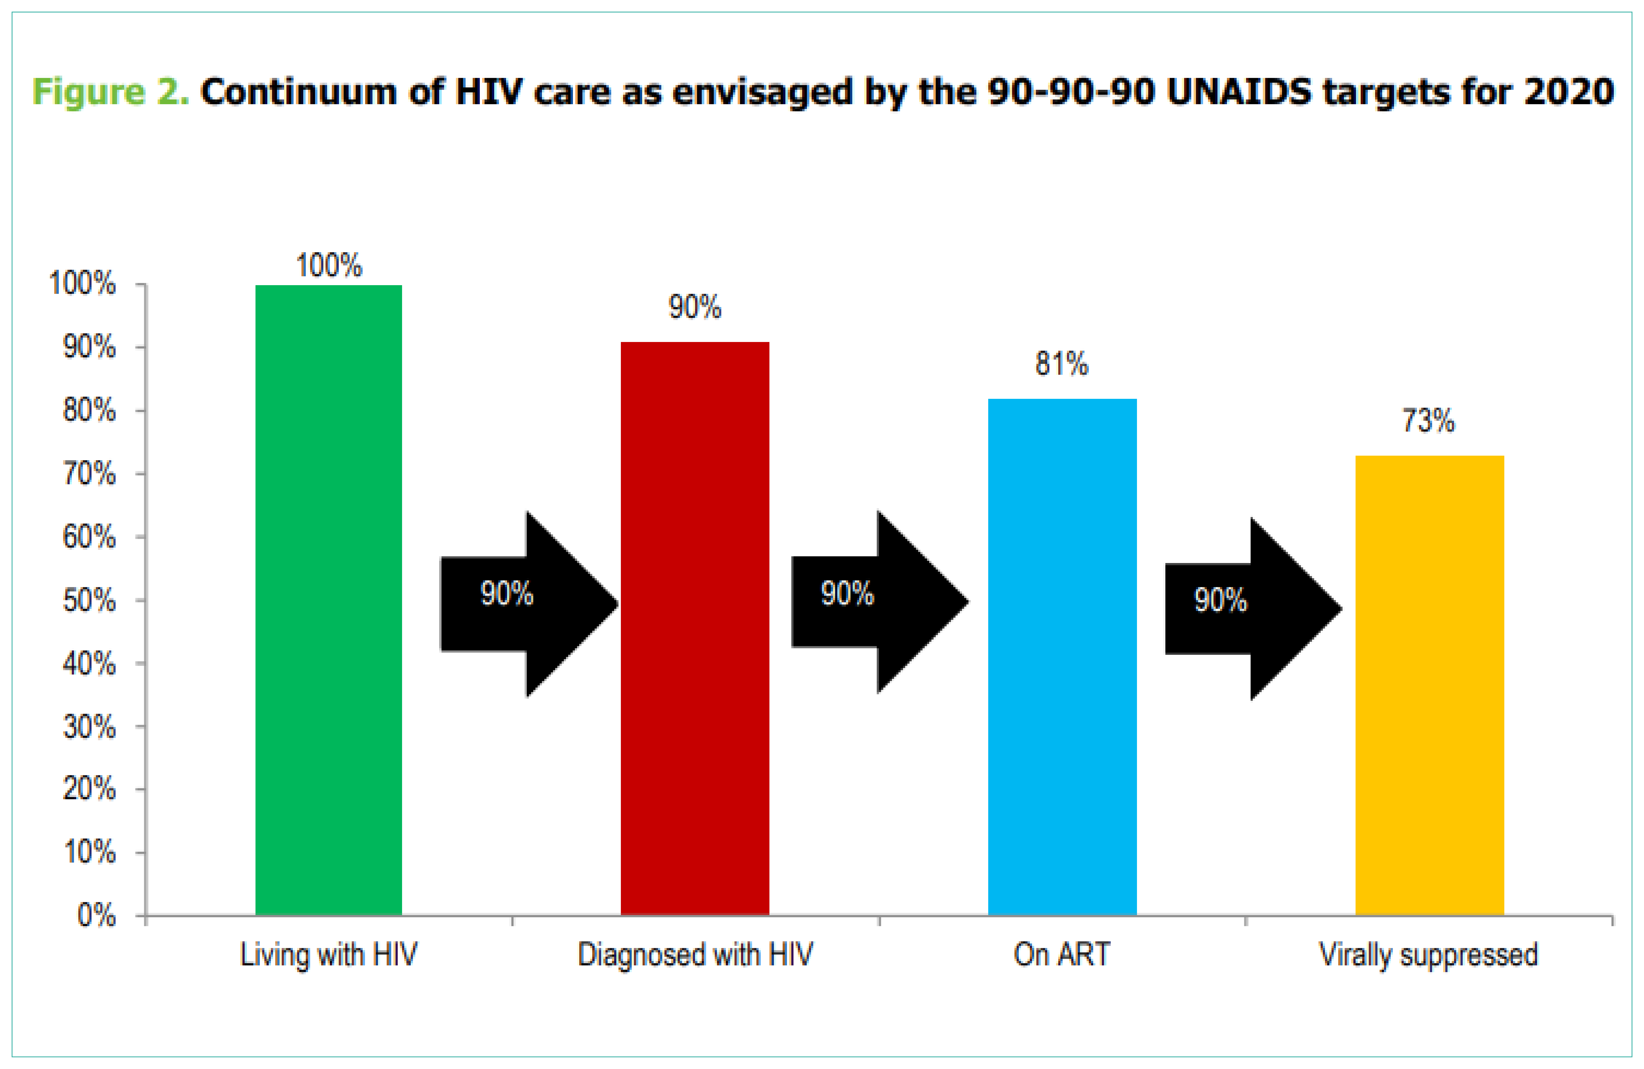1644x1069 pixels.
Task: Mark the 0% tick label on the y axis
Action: click(x=97, y=916)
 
